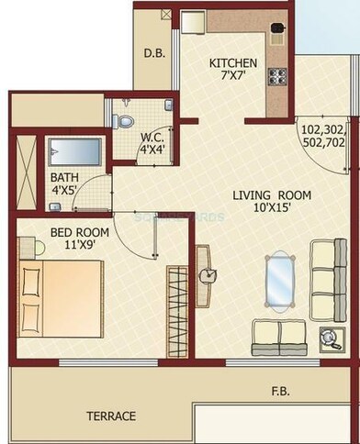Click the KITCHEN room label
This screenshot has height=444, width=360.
[x=233, y=63]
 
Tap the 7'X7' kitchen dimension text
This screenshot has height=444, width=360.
[x=233, y=77]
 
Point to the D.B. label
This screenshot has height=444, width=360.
[x=154, y=54]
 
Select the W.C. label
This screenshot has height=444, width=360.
[x=152, y=139]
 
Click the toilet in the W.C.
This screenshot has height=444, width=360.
[x=127, y=119]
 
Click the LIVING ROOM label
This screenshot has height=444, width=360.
[x=271, y=195]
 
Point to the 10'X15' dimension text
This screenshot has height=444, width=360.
[x=271, y=209]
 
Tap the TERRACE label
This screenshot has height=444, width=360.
[x=111, y=416]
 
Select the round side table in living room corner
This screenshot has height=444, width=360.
[x=326, y=337]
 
